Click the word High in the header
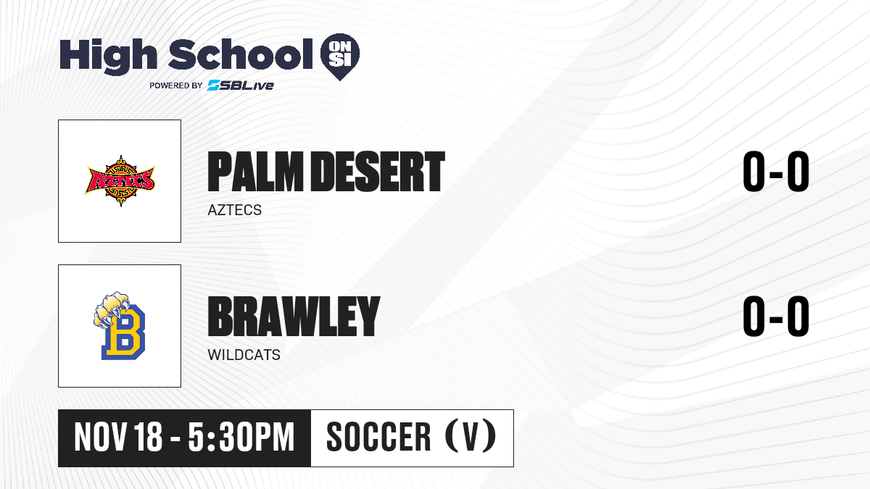click(108, 57)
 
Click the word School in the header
click(241, 54)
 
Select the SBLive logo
click(241, 85)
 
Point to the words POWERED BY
click(176, 85)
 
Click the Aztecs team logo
click(120, 181)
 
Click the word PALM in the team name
click(255, 172)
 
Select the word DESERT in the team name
click(378, 172)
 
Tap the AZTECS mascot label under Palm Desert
click(235, 210)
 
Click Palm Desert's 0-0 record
click(776, 172)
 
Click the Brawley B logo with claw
click(119, 326)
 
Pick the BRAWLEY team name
click(294, 317)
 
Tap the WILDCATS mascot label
click(244, 355)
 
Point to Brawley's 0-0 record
click(776, 316)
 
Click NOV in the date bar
click(100, 437)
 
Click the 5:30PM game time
click(241, 437)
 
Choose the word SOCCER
click(378, 437)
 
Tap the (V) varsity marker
click(471, 436)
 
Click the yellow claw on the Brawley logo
click(112, 309)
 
